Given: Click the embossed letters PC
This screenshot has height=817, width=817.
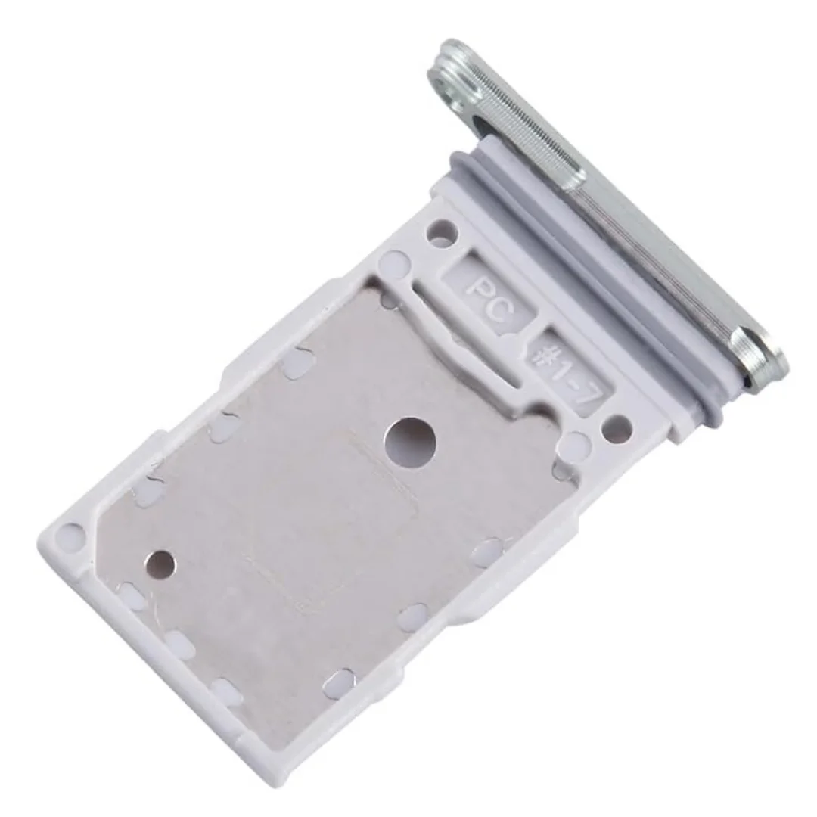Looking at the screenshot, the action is [x=489, y=300].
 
